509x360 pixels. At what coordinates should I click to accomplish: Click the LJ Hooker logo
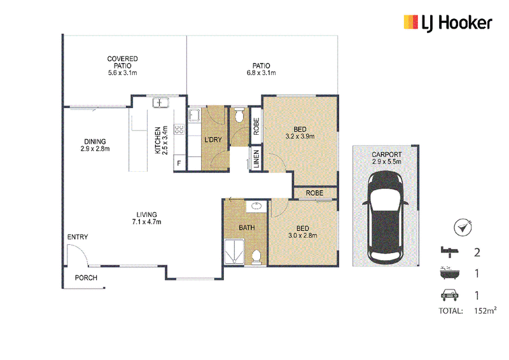[x=448, y=23]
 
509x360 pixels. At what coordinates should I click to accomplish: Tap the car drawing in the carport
[x=386, y=218]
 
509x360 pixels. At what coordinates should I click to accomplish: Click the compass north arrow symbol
[x=463, y=227]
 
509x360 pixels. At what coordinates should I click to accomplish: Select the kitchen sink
[x=160, y=103]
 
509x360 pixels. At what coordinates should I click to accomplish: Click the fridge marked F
[x=179, y=163]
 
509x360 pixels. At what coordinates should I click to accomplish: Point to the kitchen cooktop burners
[x=179, y=129]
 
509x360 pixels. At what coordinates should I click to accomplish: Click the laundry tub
[x=194, y=115]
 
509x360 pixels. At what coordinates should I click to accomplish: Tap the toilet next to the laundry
[x=239, y=115]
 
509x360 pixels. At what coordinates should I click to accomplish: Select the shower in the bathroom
[x=234, y=252]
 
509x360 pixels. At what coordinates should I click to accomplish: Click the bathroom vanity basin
[x=256, y=207]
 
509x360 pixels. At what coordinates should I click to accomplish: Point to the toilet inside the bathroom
[x=256, y=257]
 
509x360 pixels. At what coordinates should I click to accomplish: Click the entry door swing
[x=78, y=255]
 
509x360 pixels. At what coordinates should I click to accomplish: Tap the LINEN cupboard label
[x=256, y=159]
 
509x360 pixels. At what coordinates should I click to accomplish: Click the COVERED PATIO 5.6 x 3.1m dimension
[x=122, y=73]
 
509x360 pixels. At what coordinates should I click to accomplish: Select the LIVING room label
[x=146, y=214]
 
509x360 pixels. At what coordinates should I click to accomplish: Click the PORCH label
[x=86, y=278]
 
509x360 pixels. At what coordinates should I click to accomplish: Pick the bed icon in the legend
[x=450, y=252]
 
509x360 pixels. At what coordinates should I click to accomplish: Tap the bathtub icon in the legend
[x=450, y=273]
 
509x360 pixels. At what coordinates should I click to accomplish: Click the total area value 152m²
[x=485, y=310]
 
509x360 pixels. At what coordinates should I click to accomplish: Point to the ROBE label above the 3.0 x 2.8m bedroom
[x=314, y=193]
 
